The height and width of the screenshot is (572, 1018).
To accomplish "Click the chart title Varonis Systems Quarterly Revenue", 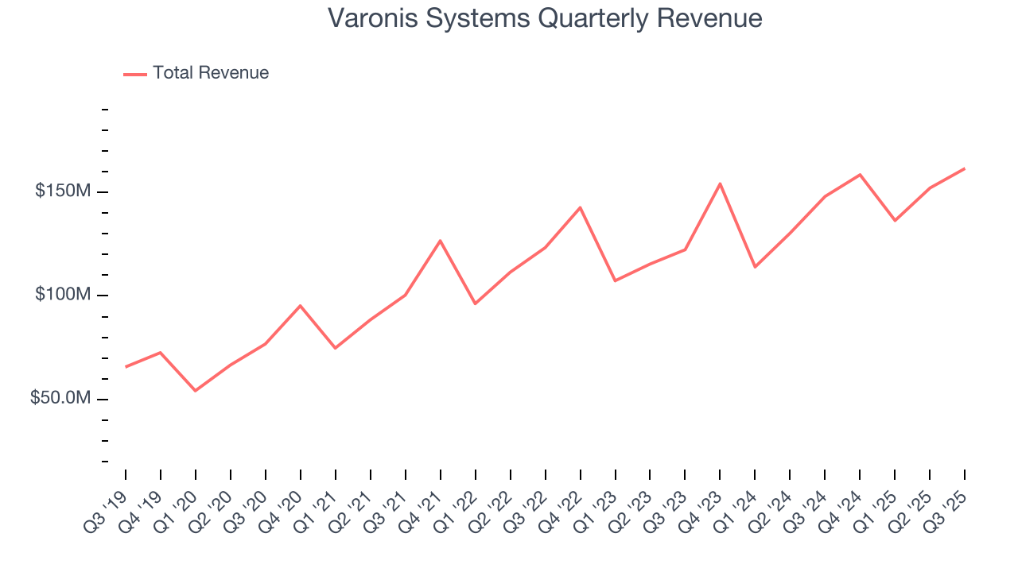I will point(545,18).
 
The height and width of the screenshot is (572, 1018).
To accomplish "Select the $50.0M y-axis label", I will point(60,398).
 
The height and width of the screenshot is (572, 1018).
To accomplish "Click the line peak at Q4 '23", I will point(720,184).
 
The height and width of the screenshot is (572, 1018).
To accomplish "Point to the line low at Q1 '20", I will point(195,391).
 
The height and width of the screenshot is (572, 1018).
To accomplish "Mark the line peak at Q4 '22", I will point(580,207).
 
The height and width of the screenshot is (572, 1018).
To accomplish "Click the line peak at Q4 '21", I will point(440,241).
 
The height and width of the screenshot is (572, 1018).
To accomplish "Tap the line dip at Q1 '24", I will point(755,267).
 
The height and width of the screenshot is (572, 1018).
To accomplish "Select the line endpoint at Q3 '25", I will point(965,168).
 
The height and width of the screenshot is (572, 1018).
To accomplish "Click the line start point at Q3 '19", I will point(126,367).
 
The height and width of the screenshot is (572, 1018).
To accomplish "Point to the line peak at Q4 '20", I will point(300,305).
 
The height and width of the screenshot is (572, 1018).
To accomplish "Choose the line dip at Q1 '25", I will point(895,221).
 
